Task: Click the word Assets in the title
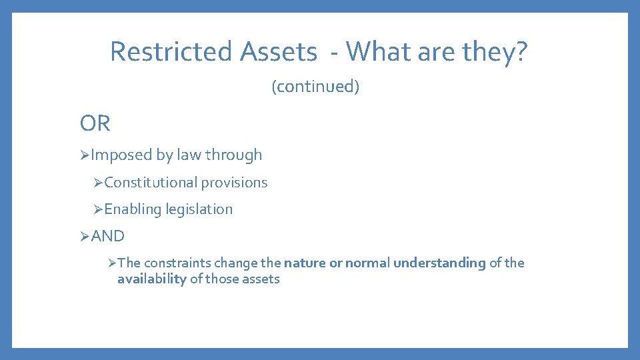click(279, 51)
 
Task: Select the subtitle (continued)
click(315, 87)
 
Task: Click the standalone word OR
click(95, 123)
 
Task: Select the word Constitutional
click(151, 183)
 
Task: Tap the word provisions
click(234, 183)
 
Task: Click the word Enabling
click(133, 209)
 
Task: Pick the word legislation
click(199, 209)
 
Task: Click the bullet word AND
click(108, 236)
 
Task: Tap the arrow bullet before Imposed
click(85, 155)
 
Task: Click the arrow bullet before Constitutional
click(98, 183)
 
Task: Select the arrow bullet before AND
click(85, 236)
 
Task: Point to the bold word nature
click(305, 263)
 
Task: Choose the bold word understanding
click(439, 263)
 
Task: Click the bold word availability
click(151, 279)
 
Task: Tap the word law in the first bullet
click(190, 155)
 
